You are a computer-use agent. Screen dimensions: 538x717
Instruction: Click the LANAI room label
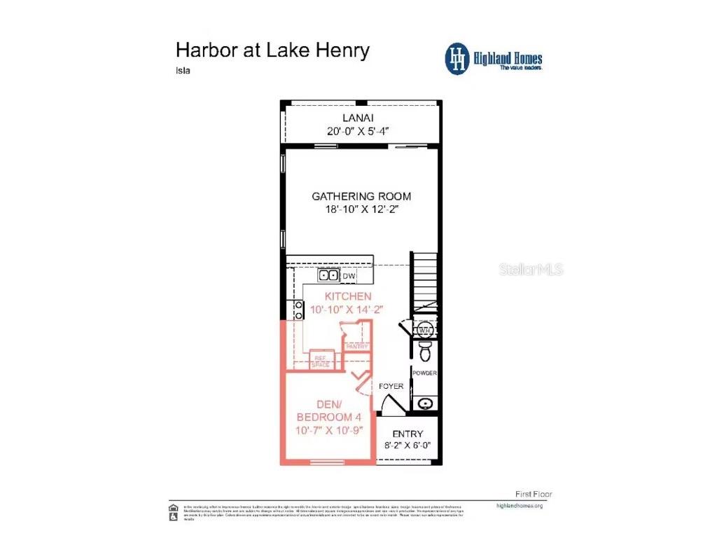(361, 117)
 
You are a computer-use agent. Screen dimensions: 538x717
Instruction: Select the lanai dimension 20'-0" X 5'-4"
(361, 130)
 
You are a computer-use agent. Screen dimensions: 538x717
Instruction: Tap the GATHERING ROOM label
(361, 196)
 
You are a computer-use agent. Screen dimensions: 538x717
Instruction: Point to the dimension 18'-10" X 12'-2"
(361, 209)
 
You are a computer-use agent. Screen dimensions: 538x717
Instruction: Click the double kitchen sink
(329, 275)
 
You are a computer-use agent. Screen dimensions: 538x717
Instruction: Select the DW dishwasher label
(349, 276)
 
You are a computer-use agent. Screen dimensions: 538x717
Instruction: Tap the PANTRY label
(356, 346)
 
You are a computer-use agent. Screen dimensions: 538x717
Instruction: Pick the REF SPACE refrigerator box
(321, 360)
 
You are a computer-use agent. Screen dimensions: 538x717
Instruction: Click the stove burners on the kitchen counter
(298, 310)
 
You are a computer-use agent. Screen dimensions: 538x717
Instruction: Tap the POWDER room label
(424, 373)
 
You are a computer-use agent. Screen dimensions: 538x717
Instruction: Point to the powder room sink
(424, 403)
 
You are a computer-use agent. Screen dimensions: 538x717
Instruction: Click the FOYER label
(391, 386)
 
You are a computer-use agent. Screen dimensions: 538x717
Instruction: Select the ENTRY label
(407, 434)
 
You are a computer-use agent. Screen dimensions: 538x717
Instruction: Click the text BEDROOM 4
(328, 418)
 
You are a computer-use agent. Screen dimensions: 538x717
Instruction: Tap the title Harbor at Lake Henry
(272, 50)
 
